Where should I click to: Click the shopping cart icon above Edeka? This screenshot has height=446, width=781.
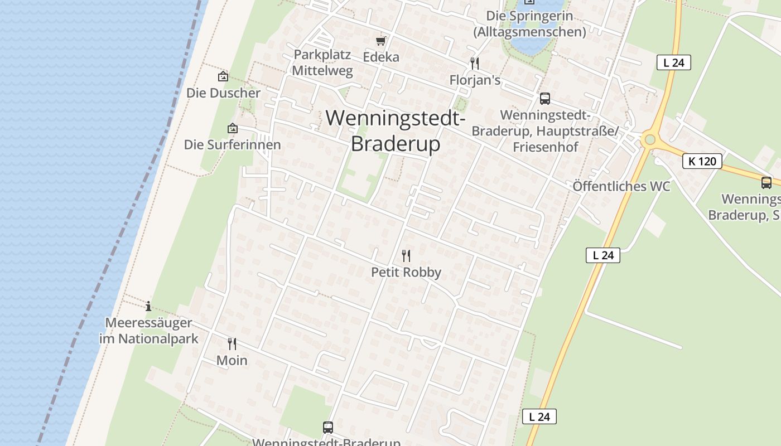point(381,41)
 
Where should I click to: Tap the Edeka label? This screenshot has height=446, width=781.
point(381,57)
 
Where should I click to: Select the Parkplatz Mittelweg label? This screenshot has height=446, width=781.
point(322,62)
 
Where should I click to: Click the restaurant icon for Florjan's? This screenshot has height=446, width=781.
point(475,63)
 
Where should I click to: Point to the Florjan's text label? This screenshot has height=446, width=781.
point(475,80)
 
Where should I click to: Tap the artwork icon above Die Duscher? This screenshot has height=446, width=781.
point(223,76)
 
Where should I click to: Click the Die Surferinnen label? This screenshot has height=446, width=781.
point(233,145)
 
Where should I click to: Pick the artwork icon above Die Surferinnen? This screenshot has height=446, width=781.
point(233,129)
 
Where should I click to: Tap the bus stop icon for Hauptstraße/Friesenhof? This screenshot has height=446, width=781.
point(545,99)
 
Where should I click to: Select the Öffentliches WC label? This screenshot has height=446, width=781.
point(621,186)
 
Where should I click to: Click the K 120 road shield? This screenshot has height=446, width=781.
point(702,162)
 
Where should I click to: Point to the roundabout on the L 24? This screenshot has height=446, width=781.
point(649,139)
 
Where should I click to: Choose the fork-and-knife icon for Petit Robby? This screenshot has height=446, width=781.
point(406,256)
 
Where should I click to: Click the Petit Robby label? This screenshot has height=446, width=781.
point(406,273)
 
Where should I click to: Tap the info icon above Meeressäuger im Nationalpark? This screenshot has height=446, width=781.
point(148,306)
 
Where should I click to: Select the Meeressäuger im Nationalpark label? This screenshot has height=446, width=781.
point(149,331)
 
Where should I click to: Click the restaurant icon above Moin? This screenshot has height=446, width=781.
point(232,344)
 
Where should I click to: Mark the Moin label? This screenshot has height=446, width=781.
point(232,361)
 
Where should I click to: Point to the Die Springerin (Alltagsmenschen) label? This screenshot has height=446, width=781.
point(529,24)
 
